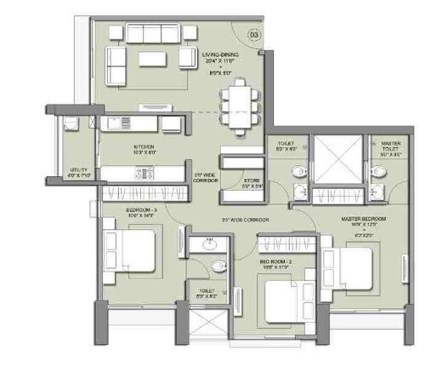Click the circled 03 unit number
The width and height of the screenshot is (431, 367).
pos(253,36)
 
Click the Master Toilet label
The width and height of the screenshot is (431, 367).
pos(391,148)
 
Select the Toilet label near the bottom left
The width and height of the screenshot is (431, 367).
pos(206,295)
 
